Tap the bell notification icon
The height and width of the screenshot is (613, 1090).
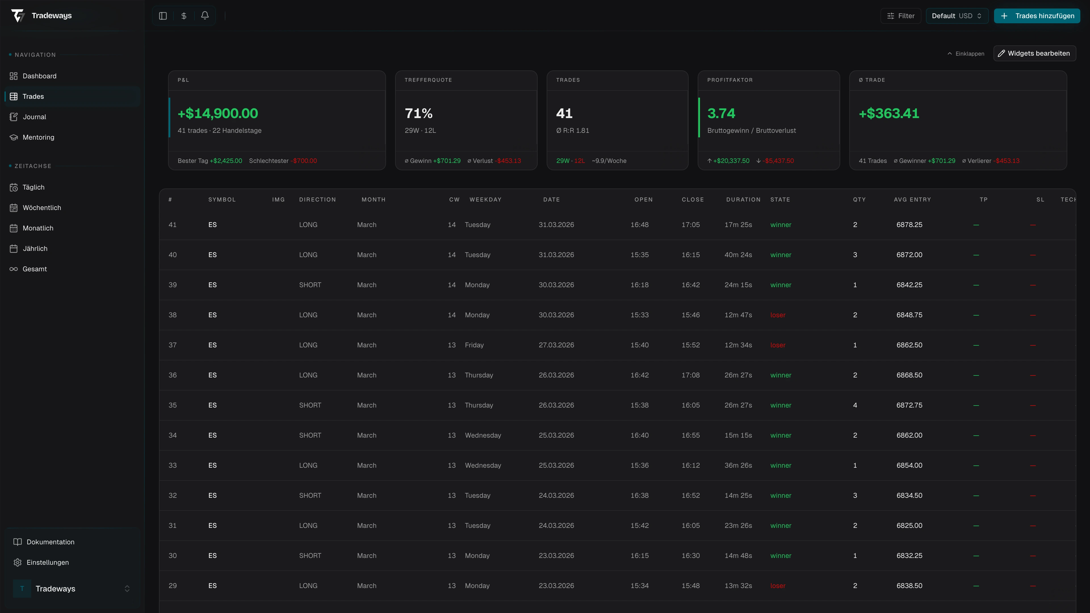click(205, 16)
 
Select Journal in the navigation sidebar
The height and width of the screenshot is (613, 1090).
click(34, 117)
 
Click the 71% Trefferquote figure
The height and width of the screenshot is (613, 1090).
click(418, 114)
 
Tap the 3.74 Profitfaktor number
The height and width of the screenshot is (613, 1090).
click(721, 114)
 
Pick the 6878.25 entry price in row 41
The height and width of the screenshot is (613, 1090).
click(909, 225)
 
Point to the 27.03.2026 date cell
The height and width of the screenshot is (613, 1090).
click(556, 345)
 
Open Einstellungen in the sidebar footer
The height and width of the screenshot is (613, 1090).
click(47, 562)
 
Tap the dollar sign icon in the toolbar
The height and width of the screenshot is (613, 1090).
click(184, 16)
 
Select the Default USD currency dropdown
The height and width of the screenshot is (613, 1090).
click(956, 16)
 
